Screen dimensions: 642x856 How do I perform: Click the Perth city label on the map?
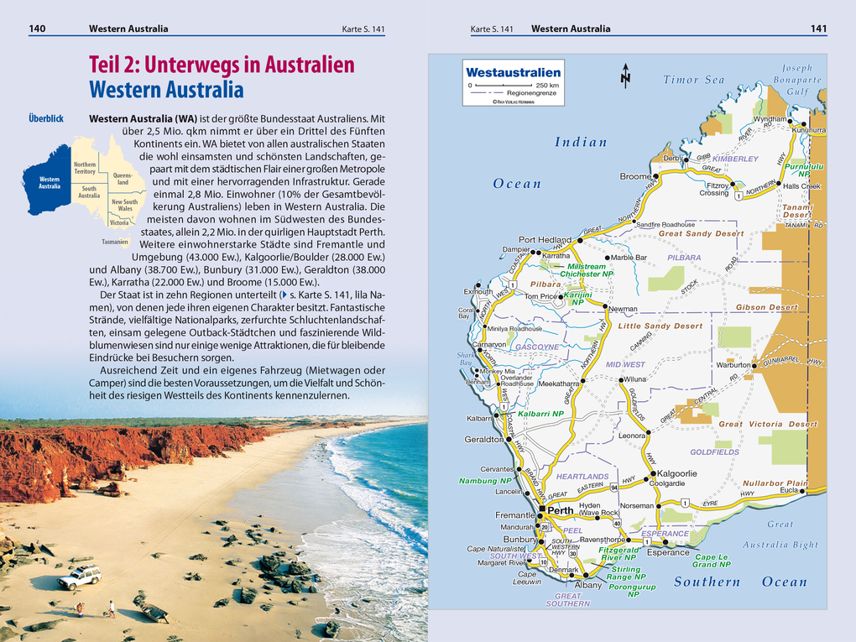tap(561, 510)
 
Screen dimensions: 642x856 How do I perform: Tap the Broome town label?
tap(636, 176)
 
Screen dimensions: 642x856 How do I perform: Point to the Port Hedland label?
tap(545, 239)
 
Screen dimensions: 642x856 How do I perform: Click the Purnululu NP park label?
tap(803, 170)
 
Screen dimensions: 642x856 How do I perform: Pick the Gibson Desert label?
tap(767, 308)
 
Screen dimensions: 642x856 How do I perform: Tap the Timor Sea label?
tap(693, 80)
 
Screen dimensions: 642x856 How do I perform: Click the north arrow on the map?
tap(625, 76)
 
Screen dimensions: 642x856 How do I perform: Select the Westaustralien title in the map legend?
tap(513, 73)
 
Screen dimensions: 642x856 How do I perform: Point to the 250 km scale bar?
tap(513, 86)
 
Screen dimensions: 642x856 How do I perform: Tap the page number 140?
tap(37, 29)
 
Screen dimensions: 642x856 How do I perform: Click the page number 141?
tap(818, 29)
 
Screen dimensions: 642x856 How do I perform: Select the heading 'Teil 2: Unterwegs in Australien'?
tap(222, 65)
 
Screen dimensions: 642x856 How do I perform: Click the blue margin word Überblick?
tap(46, 118)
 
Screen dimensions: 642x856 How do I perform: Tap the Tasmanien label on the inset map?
tap(115, 241)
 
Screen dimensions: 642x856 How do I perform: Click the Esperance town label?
tap(668, 552)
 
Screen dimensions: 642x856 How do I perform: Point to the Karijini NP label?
tap(577, 299)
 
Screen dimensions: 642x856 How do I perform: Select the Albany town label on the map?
tap(588, 585)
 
